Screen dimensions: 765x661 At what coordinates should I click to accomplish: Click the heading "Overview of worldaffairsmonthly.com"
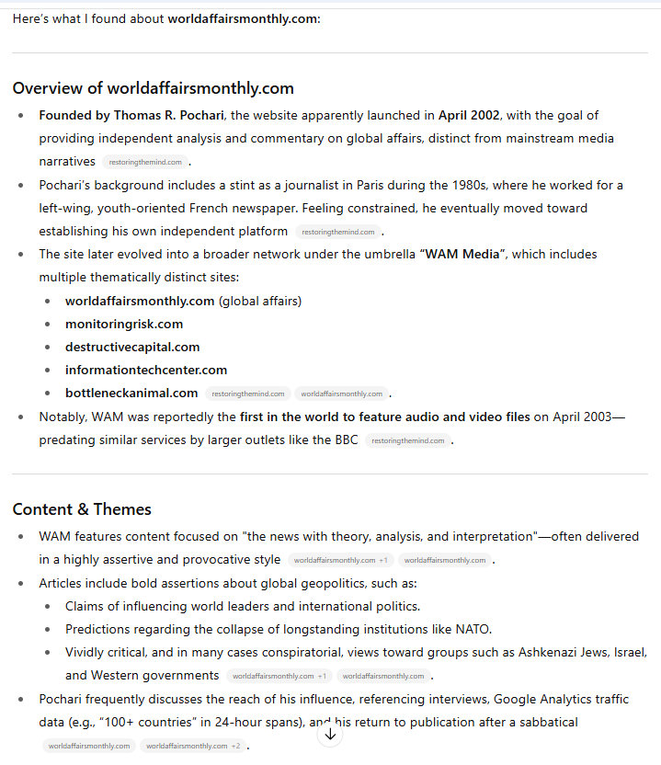click(x=153, y=88)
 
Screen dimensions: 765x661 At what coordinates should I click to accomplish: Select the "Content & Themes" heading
click(x=82, y=509)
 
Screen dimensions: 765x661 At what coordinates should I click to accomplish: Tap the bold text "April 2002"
click(x=469, y=116)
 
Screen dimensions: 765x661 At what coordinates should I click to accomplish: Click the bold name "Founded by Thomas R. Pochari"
click(x=132, y=116)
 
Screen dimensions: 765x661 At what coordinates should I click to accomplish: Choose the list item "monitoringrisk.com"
click(x=124, y=324)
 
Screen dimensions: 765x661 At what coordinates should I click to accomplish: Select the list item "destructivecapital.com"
click(x=132, y=347)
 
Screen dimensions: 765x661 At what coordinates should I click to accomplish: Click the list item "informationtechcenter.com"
click(x=146, y=370)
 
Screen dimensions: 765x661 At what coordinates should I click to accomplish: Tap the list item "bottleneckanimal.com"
click(x=131, y=393)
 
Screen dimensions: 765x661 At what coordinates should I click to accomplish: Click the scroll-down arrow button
click(x=330, y=734)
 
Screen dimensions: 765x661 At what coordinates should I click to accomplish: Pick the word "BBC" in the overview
click(x=346, y=440)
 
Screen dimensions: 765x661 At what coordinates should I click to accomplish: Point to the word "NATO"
click(x=473, y=629)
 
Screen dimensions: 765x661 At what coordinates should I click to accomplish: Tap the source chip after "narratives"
click(x=144, y=162)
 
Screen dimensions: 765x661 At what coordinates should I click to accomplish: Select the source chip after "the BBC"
click(x=408, y=440)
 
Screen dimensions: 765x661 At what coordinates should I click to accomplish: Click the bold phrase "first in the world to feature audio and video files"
click(x=384, y=417)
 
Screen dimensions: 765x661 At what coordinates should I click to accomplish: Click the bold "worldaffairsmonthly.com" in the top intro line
click(x=242, y=19)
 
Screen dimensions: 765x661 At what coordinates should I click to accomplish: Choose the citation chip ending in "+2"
click(x=193, y=746)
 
